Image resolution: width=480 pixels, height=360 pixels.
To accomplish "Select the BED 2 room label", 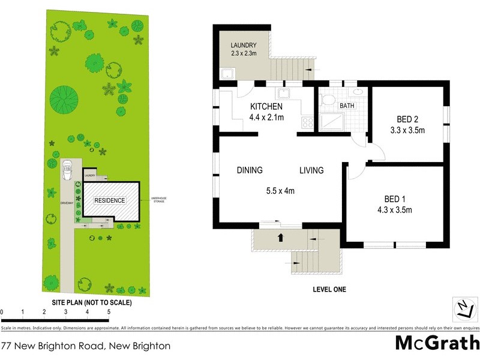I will click(x=408, y=118).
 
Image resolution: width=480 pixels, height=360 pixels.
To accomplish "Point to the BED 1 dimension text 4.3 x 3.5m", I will click(x=394, y=209).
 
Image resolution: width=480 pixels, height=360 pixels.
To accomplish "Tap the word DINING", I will click(x=250, y=170).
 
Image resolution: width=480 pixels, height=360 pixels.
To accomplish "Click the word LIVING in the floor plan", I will click(x=311, y=170).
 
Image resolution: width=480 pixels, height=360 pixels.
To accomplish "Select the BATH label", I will click(x=347, y=106).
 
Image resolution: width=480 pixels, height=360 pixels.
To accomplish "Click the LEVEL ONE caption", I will click(x=329, y=290).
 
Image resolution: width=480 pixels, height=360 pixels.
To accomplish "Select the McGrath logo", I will click(x=437, y=343).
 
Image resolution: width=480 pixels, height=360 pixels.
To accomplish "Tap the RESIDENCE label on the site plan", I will click(x=109, y=200).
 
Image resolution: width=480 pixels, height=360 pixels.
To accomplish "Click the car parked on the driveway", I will click(x=67, y=168).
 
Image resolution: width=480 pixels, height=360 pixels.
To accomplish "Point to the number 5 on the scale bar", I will click(x=109, y=312).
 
